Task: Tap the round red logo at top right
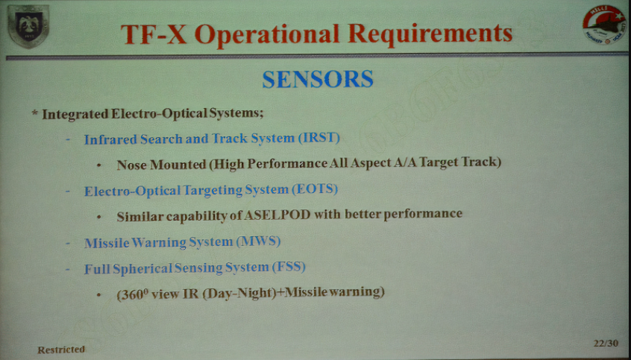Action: [604, 25]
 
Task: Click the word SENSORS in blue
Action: [318, 79]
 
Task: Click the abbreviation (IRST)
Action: [318, 139]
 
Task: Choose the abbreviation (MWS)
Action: [258, 242]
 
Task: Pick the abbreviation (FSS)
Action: [289, 267]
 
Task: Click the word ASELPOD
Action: [277, 215]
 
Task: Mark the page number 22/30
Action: [605, 343]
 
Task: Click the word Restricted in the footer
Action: [61, 350]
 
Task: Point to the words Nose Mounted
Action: [161, 165]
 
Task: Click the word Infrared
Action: [110, 139]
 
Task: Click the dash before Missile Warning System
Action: [69, 243]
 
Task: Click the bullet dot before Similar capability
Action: [99, 217]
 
